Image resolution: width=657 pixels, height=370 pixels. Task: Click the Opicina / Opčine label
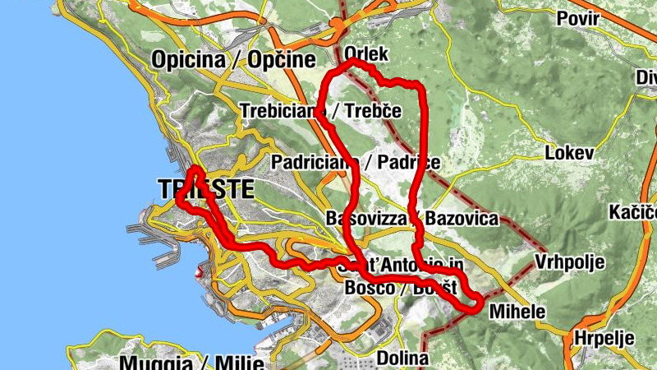click(x=233, y=59)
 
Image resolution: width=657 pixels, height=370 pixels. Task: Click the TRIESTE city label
click(x=204, y=189)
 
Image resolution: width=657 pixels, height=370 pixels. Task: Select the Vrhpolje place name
click(x=569, y=263)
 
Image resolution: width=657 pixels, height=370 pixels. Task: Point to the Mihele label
click(x=517, y=312)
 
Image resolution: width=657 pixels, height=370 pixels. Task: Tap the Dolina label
click(x=402, y=358)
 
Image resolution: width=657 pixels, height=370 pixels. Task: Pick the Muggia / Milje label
click(x=191, y=363)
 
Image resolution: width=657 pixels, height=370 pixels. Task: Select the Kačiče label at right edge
click(x=632, y=212)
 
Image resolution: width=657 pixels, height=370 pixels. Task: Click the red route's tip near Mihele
click(x=476, y=308)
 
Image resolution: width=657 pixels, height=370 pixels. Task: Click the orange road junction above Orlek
click(x=338, y=25)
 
